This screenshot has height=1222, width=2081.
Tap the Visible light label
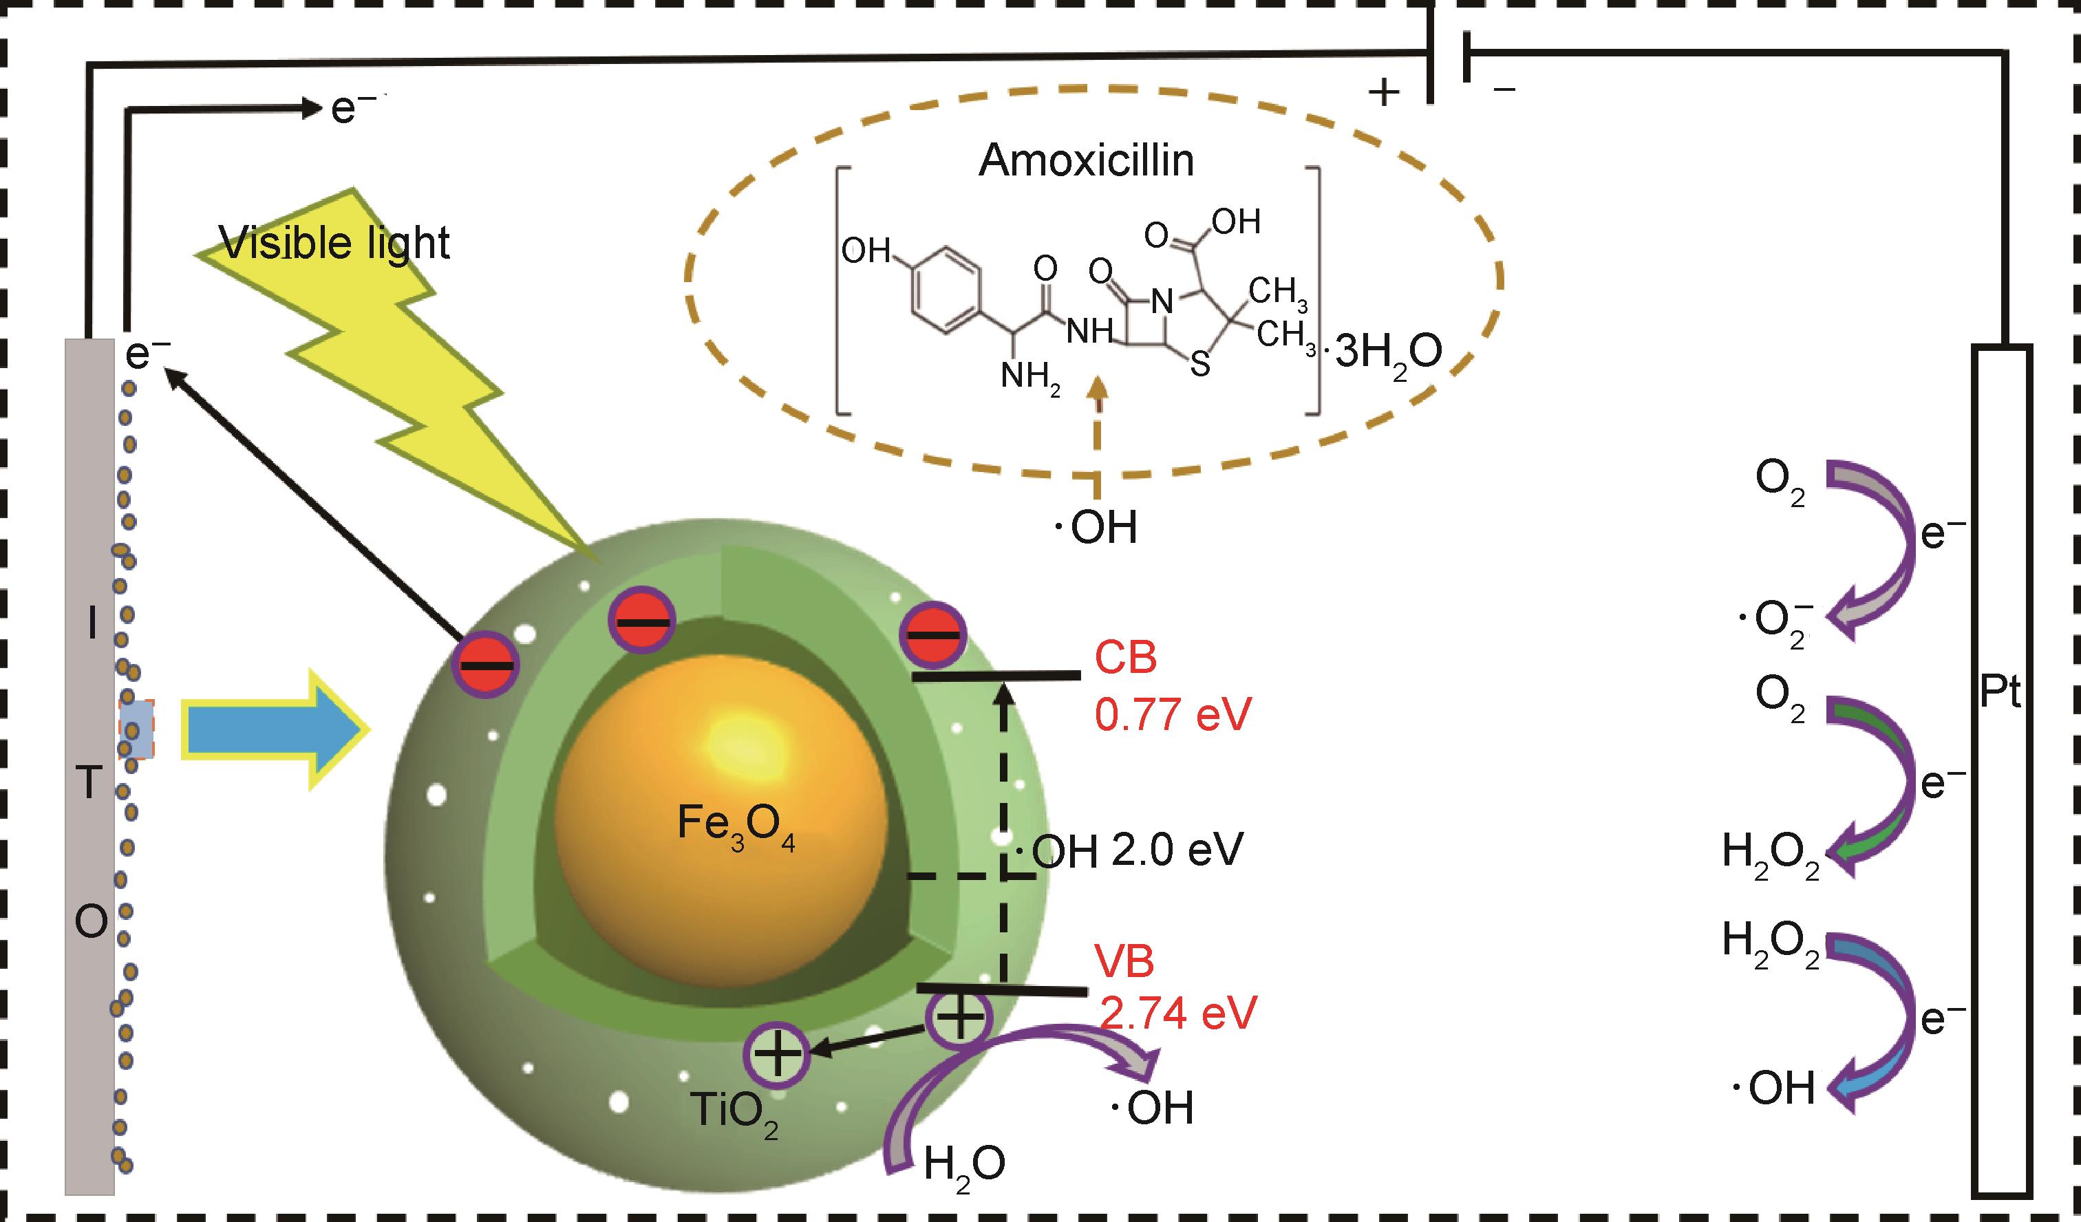pyautogui.click(x=334, y=243)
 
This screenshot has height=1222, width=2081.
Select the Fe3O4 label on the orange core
pyautogui.click(x=735, y=826)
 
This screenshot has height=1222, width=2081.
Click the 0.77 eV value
pyautogui.click(x=1173, y=715)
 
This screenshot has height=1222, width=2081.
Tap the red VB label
pyautogui.click(x=1124, y=961)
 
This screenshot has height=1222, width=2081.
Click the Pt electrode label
pyautogui.click(x=1999, y=694)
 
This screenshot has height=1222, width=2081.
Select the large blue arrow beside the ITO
pyautogui.click(x=273, y=729)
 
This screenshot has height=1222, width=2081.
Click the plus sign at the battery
pyautogui.click(x=1384, y=94)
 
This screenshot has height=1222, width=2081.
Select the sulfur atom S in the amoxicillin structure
pyautogui.click(x=1199, y=364)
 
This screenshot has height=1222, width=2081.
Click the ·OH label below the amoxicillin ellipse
pyautogui.click(x=1097, y=527)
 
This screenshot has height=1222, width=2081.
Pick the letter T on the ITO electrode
pyautogui.click(x=91, y=784)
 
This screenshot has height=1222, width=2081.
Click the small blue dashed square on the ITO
pyautogui.click(x=136, y=729)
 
